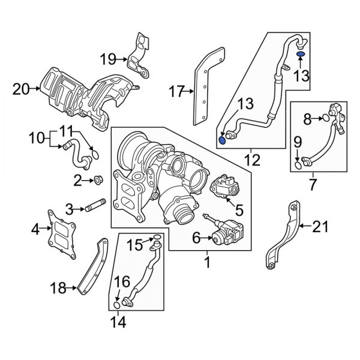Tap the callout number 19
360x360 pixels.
108,59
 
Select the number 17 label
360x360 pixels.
176,92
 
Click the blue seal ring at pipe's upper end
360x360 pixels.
301,55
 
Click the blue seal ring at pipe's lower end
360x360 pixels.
223,140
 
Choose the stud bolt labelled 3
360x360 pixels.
95,209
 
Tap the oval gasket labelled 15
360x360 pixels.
156,243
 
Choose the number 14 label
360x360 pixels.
118,323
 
